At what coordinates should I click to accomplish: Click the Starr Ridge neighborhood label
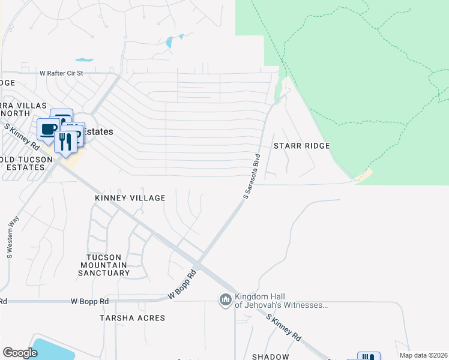click(302, 146)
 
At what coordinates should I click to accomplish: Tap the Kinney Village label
click(130, 197)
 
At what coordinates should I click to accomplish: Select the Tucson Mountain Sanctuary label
click(104, 265)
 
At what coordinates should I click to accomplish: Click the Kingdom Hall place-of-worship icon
click(226, 299)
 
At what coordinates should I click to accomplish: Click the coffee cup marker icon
click(48, 129)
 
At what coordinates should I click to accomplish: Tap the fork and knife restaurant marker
click(66, 142)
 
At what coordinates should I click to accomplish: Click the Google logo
click(20, 353)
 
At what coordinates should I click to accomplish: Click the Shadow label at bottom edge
click(270, 356)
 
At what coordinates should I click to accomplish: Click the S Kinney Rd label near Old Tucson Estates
click(23, 137)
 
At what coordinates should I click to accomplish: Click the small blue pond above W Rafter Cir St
click(85, 60)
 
